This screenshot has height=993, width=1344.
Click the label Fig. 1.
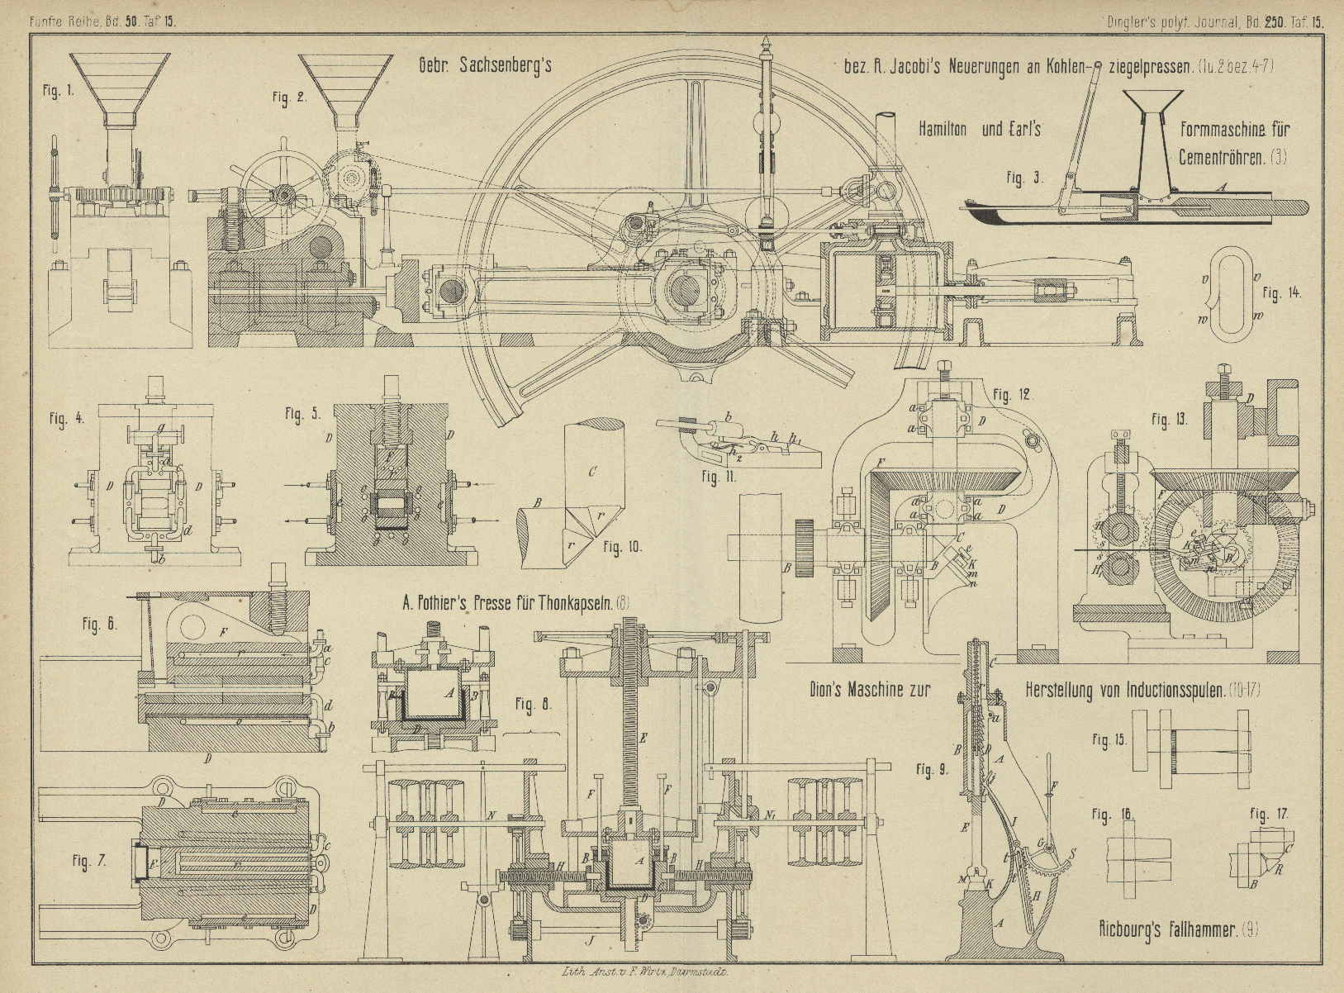[x=59, y=91]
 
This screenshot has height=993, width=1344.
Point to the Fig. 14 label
[x=1282, y=292]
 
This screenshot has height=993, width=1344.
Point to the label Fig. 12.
[x=1012, y=396]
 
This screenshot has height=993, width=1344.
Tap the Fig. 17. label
[x=1268, y=815]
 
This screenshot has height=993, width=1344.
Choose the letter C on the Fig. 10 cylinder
[x=592, y=473]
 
